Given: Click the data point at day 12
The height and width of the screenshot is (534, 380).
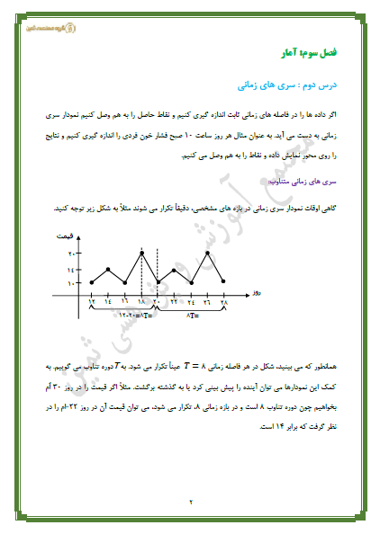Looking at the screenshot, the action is click(x=92, y=283).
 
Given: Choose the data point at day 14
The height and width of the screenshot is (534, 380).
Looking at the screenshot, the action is click(x=109, y=268).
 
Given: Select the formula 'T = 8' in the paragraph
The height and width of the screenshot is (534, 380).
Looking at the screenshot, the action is click(x=222, y=368).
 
